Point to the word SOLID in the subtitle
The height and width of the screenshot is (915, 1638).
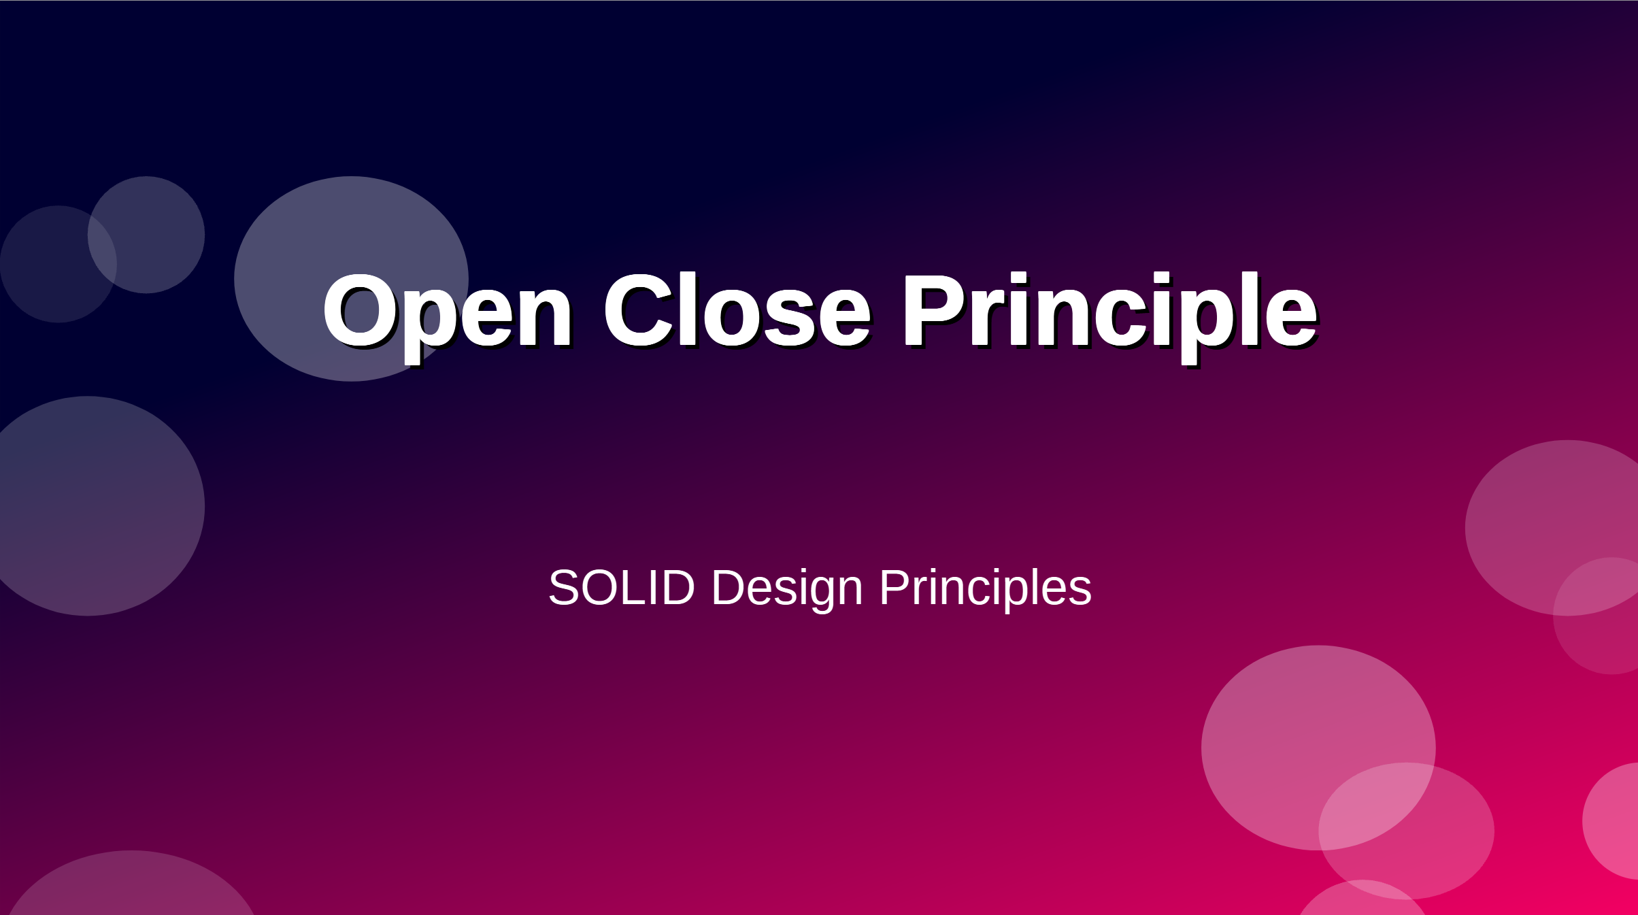pos(622,586)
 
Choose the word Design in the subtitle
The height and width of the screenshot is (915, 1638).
pos(787,590)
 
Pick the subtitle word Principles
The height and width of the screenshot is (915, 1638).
pos(986,590)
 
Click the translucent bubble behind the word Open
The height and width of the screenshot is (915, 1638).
pos(351,278)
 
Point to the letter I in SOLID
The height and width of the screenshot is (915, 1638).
pos(654,586)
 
